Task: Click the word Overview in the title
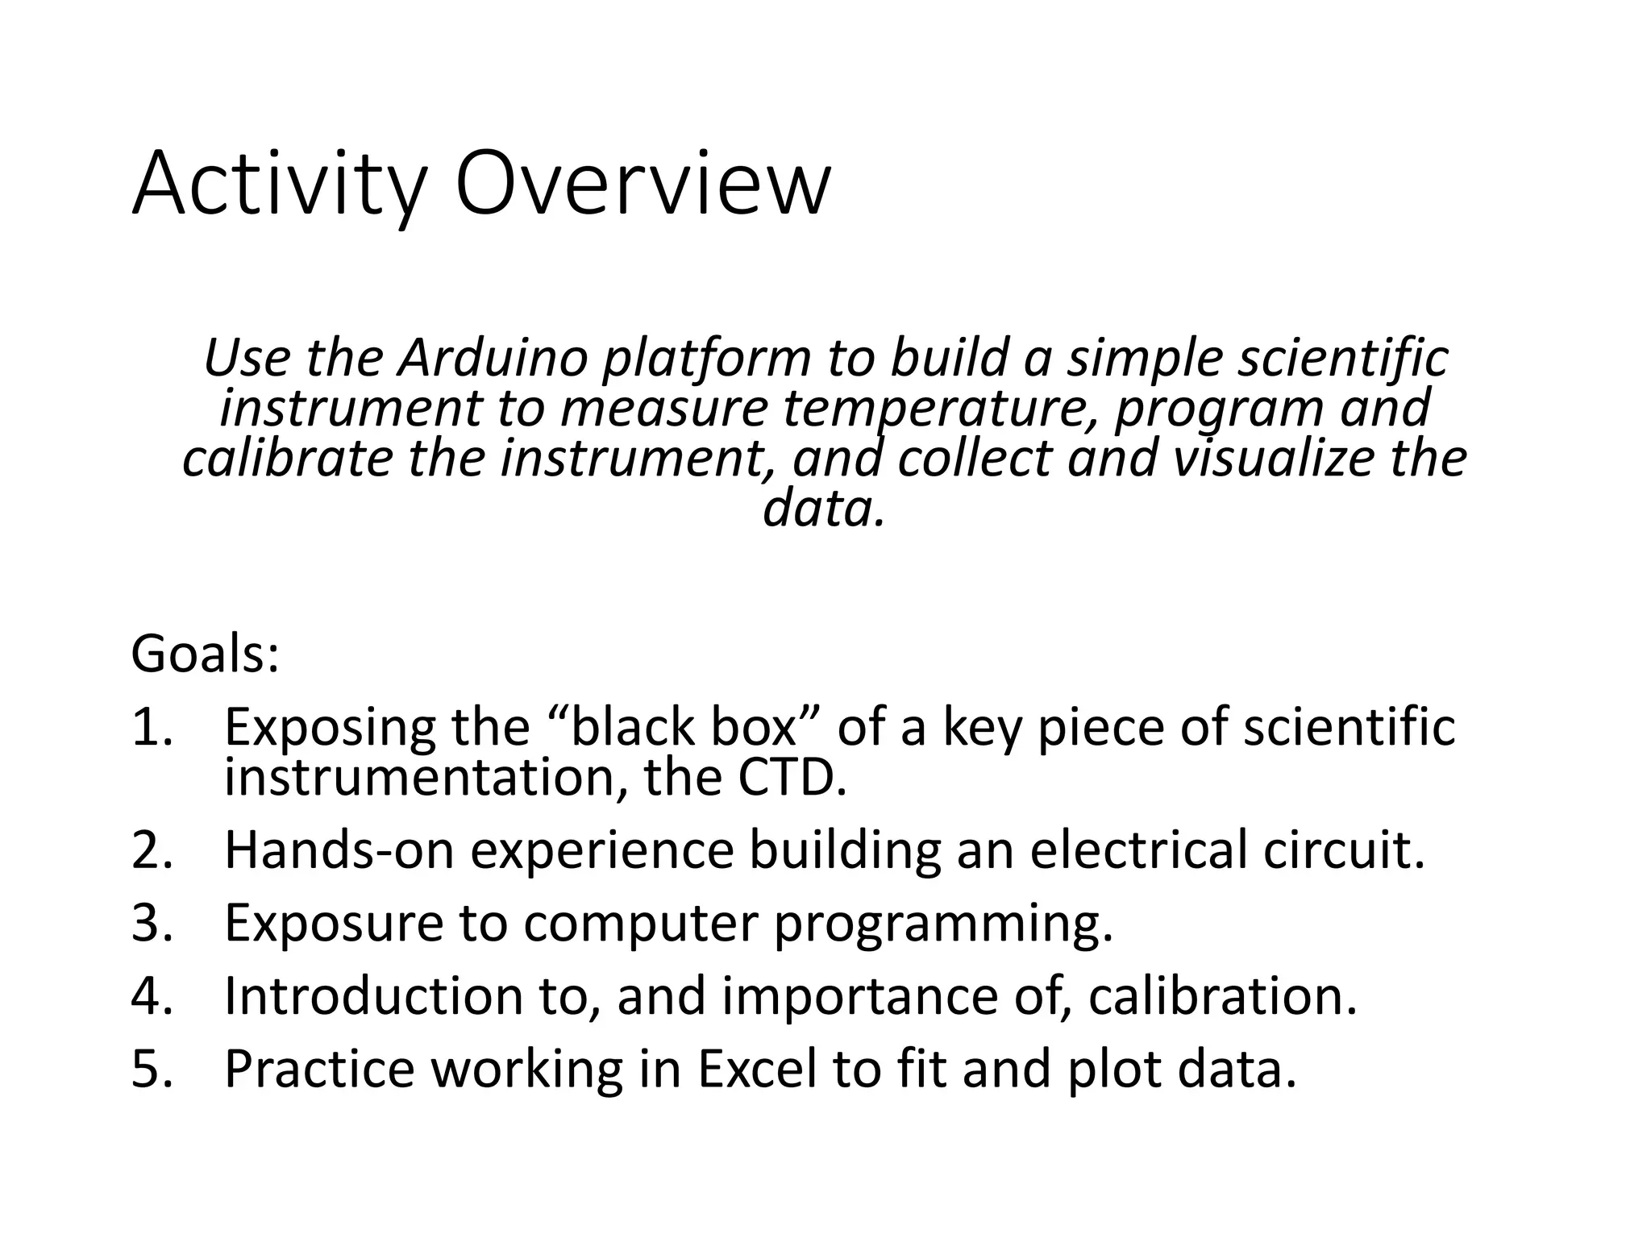(x=642, y=184)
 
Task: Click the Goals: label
(x=205, y=654)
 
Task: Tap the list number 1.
(x=151, y=726)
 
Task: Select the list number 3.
(x=151, y=923)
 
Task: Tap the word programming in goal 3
(x=942, y=924)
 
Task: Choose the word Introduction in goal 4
(x=372, y=996)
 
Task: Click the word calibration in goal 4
(x=1222, y=996)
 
